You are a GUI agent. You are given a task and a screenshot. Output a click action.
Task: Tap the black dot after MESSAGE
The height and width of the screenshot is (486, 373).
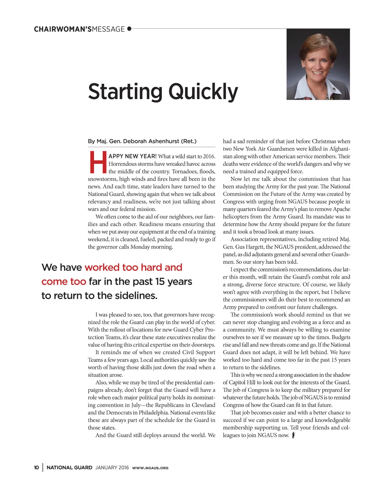click(129, 29)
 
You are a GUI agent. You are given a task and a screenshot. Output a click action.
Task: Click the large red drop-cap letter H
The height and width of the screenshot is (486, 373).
click(98, 162)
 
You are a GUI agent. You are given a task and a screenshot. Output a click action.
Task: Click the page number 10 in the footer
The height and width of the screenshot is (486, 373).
click(36, 468)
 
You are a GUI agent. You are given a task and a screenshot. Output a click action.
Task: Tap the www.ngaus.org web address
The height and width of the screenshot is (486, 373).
click(150, 468)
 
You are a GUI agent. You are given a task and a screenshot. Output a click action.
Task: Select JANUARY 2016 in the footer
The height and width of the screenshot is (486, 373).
click(112, 468)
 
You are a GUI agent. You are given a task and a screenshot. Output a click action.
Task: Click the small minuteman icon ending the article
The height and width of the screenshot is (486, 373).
click(293, 435)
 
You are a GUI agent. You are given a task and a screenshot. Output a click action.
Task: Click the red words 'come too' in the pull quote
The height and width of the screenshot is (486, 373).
click(64, 282)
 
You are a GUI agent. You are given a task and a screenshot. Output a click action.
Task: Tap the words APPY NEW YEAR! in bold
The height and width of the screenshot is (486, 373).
click(133, 156)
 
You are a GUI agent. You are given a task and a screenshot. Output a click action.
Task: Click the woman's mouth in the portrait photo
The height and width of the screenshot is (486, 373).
click(318, 73)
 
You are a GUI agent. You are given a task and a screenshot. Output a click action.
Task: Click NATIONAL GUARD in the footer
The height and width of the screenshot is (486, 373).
click(69, 468)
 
